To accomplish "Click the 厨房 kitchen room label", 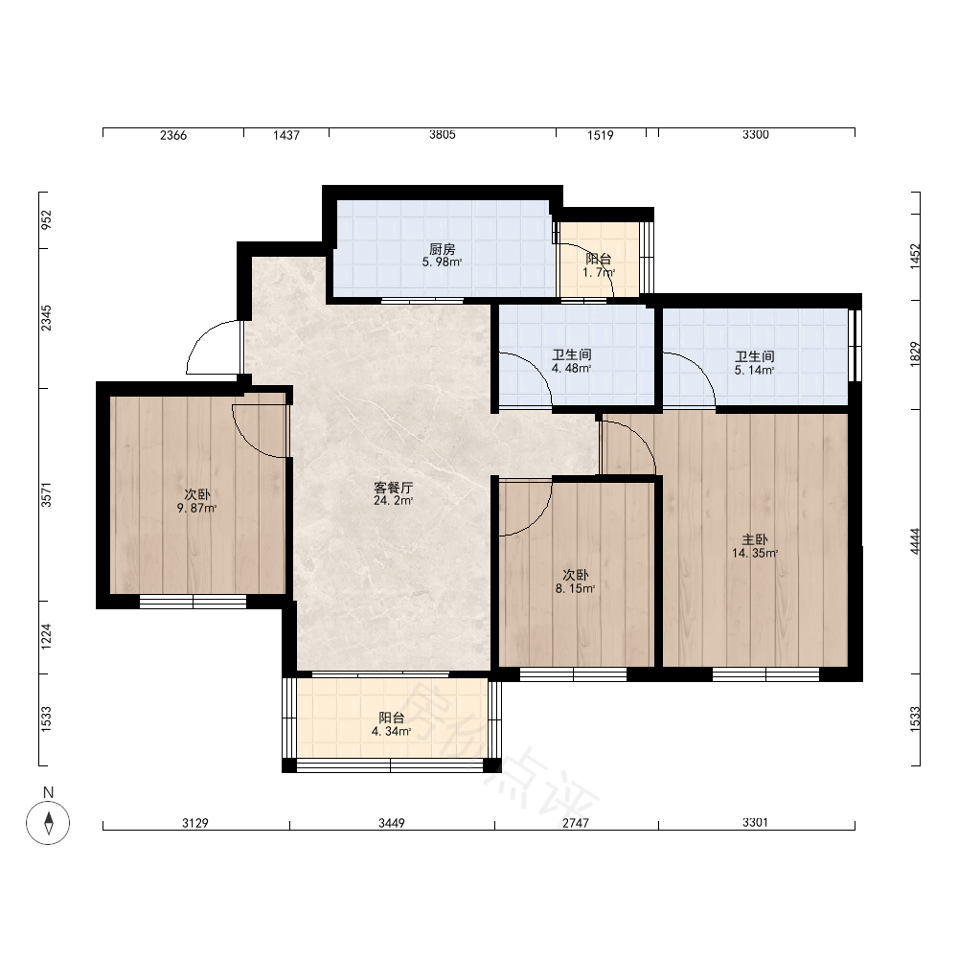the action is [442, 249].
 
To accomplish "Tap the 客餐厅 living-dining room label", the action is [394, 488].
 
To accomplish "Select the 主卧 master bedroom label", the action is [755, 539].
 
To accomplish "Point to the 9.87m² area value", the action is [196, 508].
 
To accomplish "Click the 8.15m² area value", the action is [575, 588].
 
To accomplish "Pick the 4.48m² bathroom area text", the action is [571, 369].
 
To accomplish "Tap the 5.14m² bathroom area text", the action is [755, 370].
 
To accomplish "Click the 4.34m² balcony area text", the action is [391, 731].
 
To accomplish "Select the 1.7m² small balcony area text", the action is [599, 272].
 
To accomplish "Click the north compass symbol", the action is [48, 822].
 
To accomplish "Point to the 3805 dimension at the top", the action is [442, 134].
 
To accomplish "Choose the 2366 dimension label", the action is [172, 135].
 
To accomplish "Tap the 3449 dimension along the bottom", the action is [391, 823].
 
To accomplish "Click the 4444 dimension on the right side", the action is [915, 541].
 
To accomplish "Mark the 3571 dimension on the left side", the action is [46, 495].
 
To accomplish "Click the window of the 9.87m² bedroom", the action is [194, 602].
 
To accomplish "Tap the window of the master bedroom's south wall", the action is [765, 674].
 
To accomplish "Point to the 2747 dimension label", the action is [576, 823].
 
